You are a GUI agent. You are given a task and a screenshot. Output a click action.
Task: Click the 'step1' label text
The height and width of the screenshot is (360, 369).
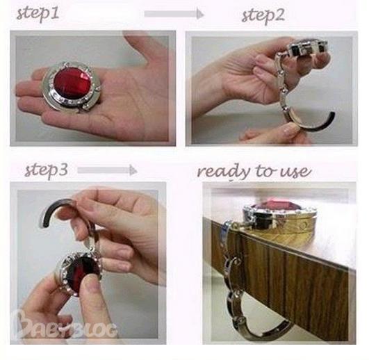(38, 14)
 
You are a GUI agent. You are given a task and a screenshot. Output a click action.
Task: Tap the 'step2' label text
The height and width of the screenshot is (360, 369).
(263, 16)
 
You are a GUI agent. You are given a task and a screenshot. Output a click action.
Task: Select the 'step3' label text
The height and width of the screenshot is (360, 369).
(47, 170)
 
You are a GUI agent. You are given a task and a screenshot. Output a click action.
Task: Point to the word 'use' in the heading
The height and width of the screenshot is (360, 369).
(295, 172)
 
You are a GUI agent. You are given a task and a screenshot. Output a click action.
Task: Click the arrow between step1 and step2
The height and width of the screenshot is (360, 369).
(174, 14)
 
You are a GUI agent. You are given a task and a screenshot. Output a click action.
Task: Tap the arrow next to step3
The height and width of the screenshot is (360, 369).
(107, 170)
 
